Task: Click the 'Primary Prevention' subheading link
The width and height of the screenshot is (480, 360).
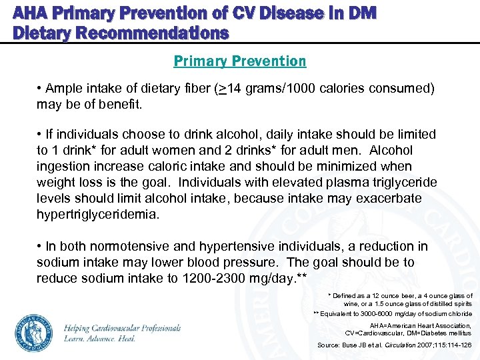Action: (240, 61)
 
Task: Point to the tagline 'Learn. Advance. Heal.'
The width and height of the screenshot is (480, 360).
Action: (100, 339)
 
